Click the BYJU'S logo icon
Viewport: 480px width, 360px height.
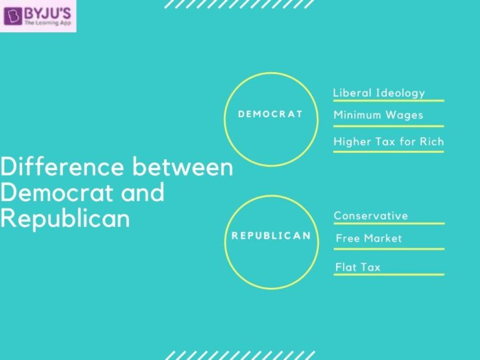[x=12, y=16]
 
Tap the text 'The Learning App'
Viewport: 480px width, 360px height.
[x=48, y=23]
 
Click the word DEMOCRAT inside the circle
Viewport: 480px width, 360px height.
[x=270, y=115]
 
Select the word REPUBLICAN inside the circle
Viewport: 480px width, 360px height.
[x=271, y=236]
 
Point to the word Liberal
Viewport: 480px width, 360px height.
[x=352, y=93]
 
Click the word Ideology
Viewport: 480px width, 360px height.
[x=400, y=93]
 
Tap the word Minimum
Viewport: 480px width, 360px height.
[x=357, y=115]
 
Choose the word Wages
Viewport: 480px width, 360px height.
[x=405, y=115]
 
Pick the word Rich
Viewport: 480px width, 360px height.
[x=431, y=142]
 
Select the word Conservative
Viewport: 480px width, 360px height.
[x=371, y=216]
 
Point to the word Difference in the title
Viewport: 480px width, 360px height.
[x=62, y=167]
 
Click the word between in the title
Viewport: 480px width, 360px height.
[x=183, y=167]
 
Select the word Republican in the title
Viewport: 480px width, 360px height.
[x=65, y=218]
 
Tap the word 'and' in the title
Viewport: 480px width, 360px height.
[x=143, y=193]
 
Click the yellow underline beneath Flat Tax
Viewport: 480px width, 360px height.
[x=389, y=274]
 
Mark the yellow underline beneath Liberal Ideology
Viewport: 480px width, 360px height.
[x=389, y=100]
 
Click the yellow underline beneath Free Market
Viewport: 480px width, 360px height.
[x=389, y=249]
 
